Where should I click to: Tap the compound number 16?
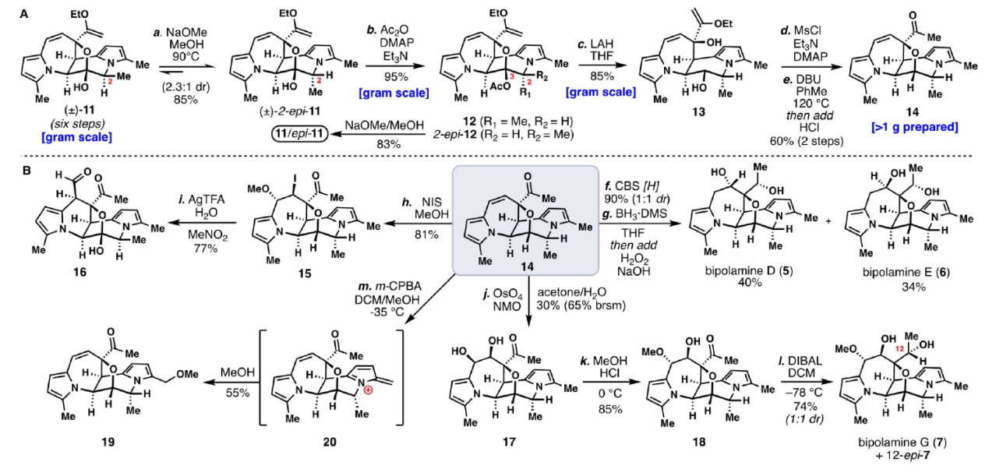point(77,273)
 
